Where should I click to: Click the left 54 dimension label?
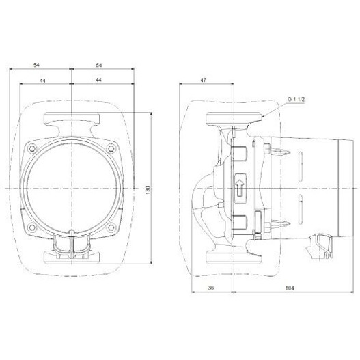click(36, 65)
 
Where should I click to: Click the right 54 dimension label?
click(99, 65)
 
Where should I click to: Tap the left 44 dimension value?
click(43, 81)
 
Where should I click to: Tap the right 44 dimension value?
click(98, 80)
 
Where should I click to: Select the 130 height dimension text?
click(148, 190)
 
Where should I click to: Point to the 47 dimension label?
click(204, 80)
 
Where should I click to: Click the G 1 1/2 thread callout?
click(296, 99)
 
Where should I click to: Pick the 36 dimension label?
click(210, 288)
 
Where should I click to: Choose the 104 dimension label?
click(290, 288)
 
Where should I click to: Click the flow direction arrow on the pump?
click(240, 188)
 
